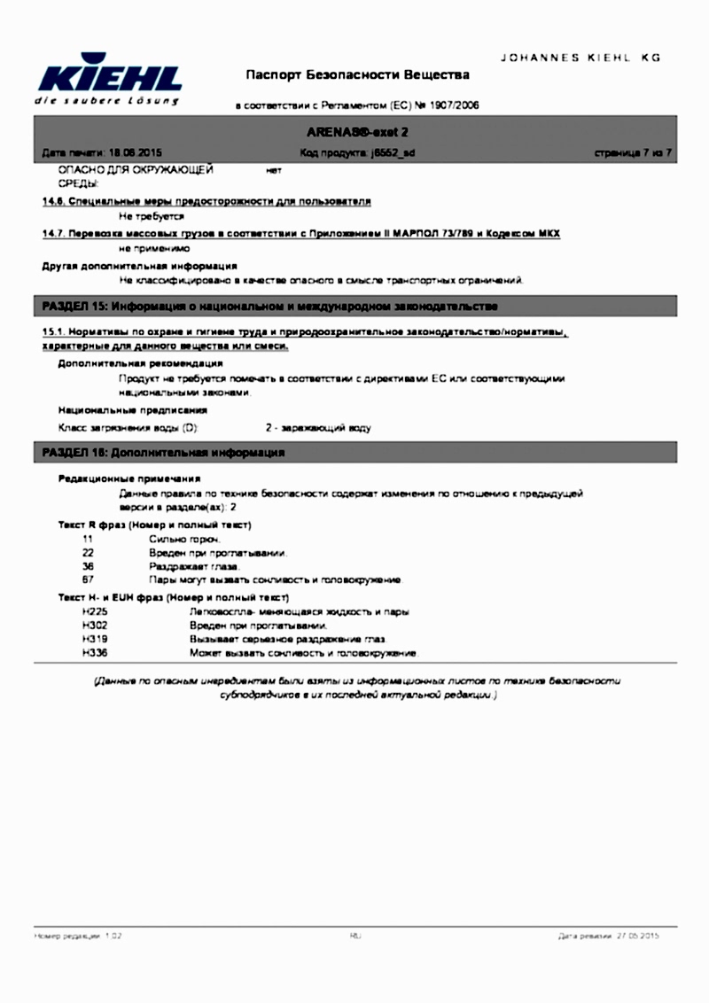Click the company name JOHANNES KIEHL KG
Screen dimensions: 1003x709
(581, 57)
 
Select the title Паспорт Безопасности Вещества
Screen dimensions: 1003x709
(357, 74)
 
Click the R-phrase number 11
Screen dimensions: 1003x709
(87, 539)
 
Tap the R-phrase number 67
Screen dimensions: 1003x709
(87, 579)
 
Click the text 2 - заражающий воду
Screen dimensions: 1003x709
(318, 428)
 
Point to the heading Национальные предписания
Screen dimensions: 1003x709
(133, 410)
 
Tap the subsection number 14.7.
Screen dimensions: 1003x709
(55, 233)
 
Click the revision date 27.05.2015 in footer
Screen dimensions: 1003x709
(638, 935)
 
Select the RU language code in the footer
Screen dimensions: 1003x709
(355, 935)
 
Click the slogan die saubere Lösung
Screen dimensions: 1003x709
(106, 101)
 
